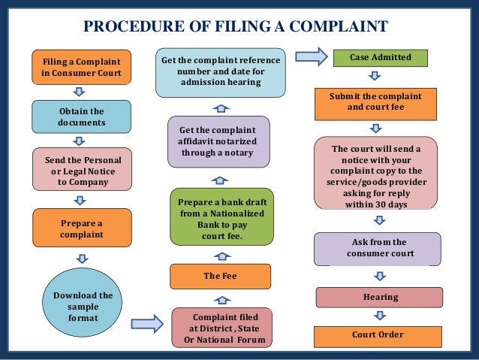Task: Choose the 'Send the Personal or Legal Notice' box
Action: pyautogui.click(x=78, y=171)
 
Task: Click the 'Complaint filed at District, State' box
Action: pyautogui.click(x=220, y=328)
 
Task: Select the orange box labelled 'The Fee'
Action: pyautogui.click(x=220, y=276)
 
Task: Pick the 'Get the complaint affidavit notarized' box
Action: pyautogui.click(x=219, y=141)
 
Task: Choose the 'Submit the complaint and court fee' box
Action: pyautogui.click(x=375, y=102)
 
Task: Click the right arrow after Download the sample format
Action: pyautogui.click(x=146, y=324)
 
